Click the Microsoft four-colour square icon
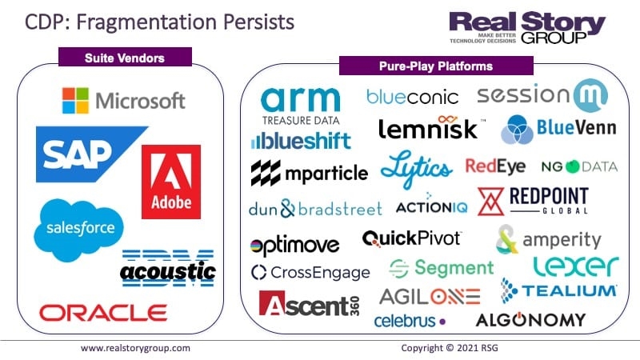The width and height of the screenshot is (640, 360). (x=75, y=101)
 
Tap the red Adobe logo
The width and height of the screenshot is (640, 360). (x=171, y=182)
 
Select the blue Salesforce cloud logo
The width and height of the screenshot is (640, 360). (x=78, y=230)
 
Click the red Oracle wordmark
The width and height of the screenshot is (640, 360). (x=103, y=313)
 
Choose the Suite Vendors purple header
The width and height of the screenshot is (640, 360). (x=125, y=57)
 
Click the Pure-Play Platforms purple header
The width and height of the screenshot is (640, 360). (x=436, y=66)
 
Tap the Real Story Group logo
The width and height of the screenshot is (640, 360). (x=527, y=27)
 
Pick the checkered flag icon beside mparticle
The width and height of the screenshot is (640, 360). (x=266, y=173)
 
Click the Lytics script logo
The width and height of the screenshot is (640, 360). (x=416, y=168)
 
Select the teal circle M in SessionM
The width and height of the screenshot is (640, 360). (x=590, y=95)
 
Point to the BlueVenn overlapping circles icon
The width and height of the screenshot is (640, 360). (x=517, y=130)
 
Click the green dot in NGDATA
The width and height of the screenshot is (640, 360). (x=572, y=166)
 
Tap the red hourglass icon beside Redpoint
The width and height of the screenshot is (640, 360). (x=491, y=202)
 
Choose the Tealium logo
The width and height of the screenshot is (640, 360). (x=558, y=290)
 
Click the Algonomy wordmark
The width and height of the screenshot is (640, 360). (x=530, y=319)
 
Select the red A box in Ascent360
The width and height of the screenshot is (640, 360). (x=272, y=303)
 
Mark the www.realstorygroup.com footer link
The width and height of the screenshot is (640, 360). (x=135, y=348)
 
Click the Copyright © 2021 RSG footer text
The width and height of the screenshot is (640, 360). (x=450, y=348)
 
